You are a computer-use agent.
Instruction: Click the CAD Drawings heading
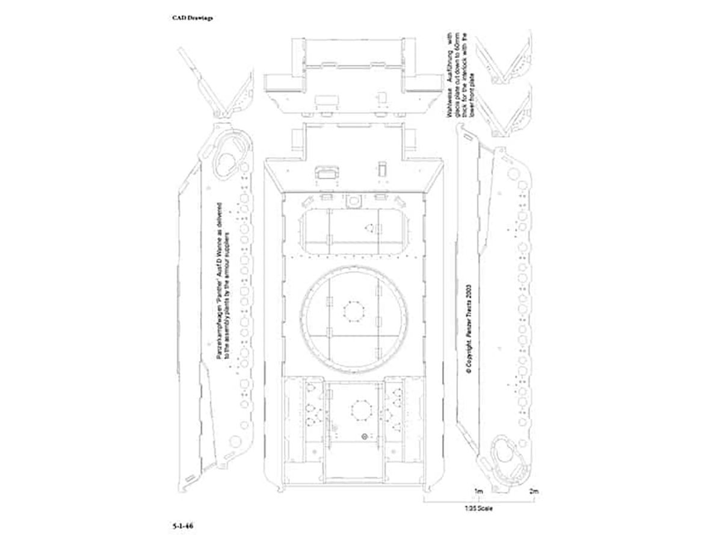click(x=193, y=17)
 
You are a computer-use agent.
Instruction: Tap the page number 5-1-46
click(x=182, y=525)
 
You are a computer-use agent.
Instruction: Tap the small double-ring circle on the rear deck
click(x=365, y=435)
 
